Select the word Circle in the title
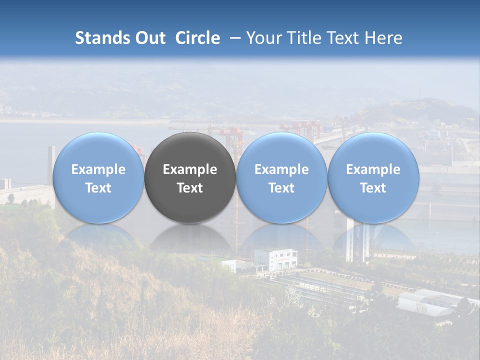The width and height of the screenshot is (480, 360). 197,38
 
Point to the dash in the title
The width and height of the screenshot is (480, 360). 233,38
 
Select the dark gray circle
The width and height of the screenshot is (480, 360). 190,178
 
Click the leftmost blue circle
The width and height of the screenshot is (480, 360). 98,178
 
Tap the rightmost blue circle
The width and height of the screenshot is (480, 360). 373,178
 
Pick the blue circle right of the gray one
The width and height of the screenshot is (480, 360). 281,178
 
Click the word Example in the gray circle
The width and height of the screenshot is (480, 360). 190,169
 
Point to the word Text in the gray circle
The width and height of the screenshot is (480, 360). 190,188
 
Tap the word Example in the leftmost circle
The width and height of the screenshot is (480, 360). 98,169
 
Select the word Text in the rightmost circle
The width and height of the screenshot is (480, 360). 373,188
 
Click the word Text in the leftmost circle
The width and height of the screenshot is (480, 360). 98,188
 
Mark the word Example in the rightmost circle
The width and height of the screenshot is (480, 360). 373,169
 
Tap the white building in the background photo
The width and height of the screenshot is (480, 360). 275,259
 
